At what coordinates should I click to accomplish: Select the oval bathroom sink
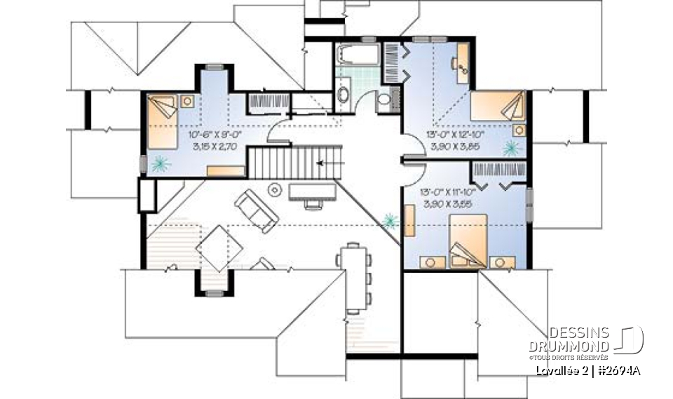coord(344,94)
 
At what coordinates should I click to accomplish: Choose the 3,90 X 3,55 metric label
coord(447,203)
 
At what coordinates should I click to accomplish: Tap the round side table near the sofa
coord(275,189)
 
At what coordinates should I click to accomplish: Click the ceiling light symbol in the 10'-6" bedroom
coord(161,164)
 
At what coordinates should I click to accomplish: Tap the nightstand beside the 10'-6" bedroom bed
coord(188,100)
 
